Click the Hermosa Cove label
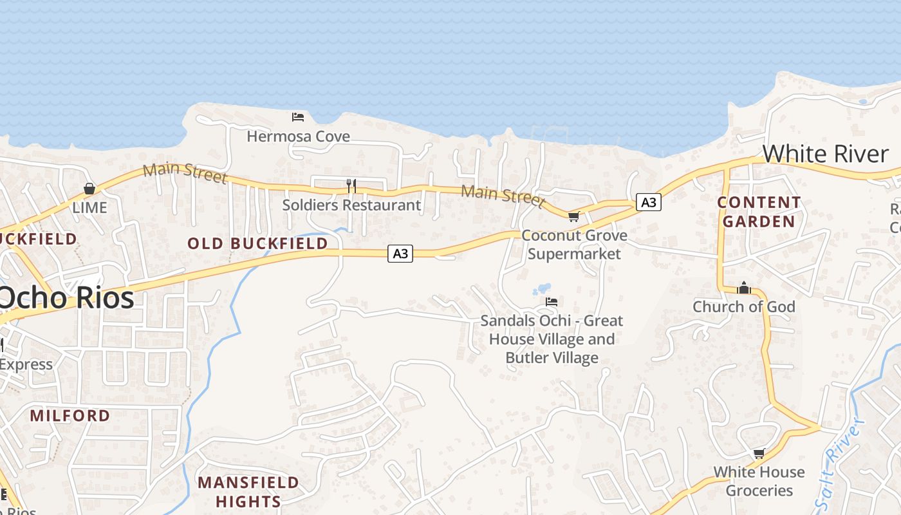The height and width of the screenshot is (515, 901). point(299,136)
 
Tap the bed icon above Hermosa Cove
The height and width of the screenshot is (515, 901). point(298,117)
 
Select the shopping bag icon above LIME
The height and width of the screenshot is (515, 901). point(89,189)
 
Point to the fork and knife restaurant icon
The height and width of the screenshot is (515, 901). point(351,186)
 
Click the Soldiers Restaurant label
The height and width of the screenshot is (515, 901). point(351,205)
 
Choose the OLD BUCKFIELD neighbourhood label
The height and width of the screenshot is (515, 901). point(257,243)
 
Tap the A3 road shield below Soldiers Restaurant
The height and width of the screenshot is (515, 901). point(400,254)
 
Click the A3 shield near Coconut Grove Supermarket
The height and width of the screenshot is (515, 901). point(649,202)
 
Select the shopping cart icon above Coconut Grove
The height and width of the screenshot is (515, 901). point(573,216)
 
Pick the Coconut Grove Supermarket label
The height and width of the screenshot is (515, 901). point(574,245)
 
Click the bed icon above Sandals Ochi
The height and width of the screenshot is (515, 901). point(552,301)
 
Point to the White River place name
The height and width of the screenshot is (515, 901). point(826,154)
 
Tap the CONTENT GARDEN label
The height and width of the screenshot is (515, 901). point(759,212)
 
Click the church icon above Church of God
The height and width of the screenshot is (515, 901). point(744,288)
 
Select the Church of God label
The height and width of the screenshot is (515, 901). point(744,306)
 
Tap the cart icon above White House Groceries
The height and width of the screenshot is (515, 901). point(759,453)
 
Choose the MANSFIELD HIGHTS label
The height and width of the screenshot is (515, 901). point(248,492)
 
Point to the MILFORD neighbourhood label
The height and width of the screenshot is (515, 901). point(70,415)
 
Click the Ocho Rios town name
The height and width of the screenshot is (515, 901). point(66,298)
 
